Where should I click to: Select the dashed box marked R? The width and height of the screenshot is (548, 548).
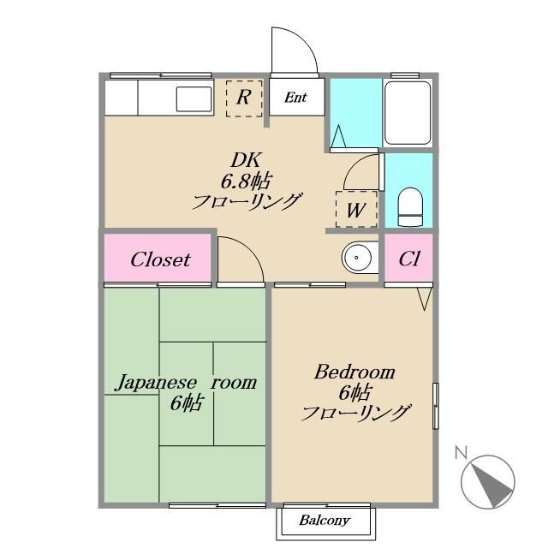point(244,98)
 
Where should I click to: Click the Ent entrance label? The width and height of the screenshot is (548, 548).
point(295,98)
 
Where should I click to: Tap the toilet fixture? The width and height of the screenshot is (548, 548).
point(410,205)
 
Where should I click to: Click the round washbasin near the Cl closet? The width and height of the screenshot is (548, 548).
point(356,256)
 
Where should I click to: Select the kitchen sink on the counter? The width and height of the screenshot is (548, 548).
point(194,98)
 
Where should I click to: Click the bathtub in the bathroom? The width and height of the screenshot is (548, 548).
point(408,113)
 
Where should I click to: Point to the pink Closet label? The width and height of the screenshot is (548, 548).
point(159,259)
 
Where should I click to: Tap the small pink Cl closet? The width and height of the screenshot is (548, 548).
point(408,259)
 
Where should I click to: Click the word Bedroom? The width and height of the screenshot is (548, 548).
point(354,372)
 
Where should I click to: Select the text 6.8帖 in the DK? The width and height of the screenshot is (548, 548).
point(246,181)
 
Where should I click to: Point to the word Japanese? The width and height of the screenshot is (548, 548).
point(153,382)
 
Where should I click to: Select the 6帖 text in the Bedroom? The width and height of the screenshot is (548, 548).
point(354,393)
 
